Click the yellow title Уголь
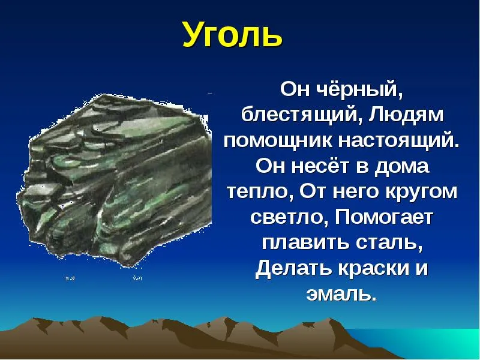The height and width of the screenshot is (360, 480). tap(232, 34)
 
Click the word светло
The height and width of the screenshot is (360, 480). tap(290, 217)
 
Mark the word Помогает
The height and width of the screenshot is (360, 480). tap(384, 217)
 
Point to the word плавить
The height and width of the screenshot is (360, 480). tap(306, 243)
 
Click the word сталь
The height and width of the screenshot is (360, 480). tap(389, 243)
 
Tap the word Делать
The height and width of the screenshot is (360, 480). tap(293, 268)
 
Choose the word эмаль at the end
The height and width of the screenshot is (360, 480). tap(341, 293)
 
